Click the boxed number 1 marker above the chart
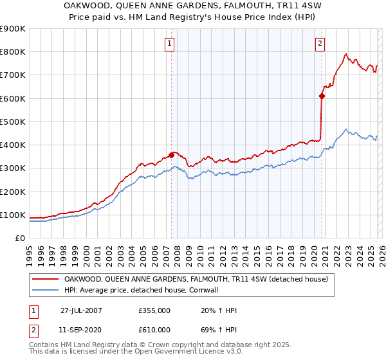169,44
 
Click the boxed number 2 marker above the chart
320,44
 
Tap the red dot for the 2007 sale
172,154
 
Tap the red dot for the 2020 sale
322,96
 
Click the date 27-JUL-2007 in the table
81,310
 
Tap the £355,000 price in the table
154,310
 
